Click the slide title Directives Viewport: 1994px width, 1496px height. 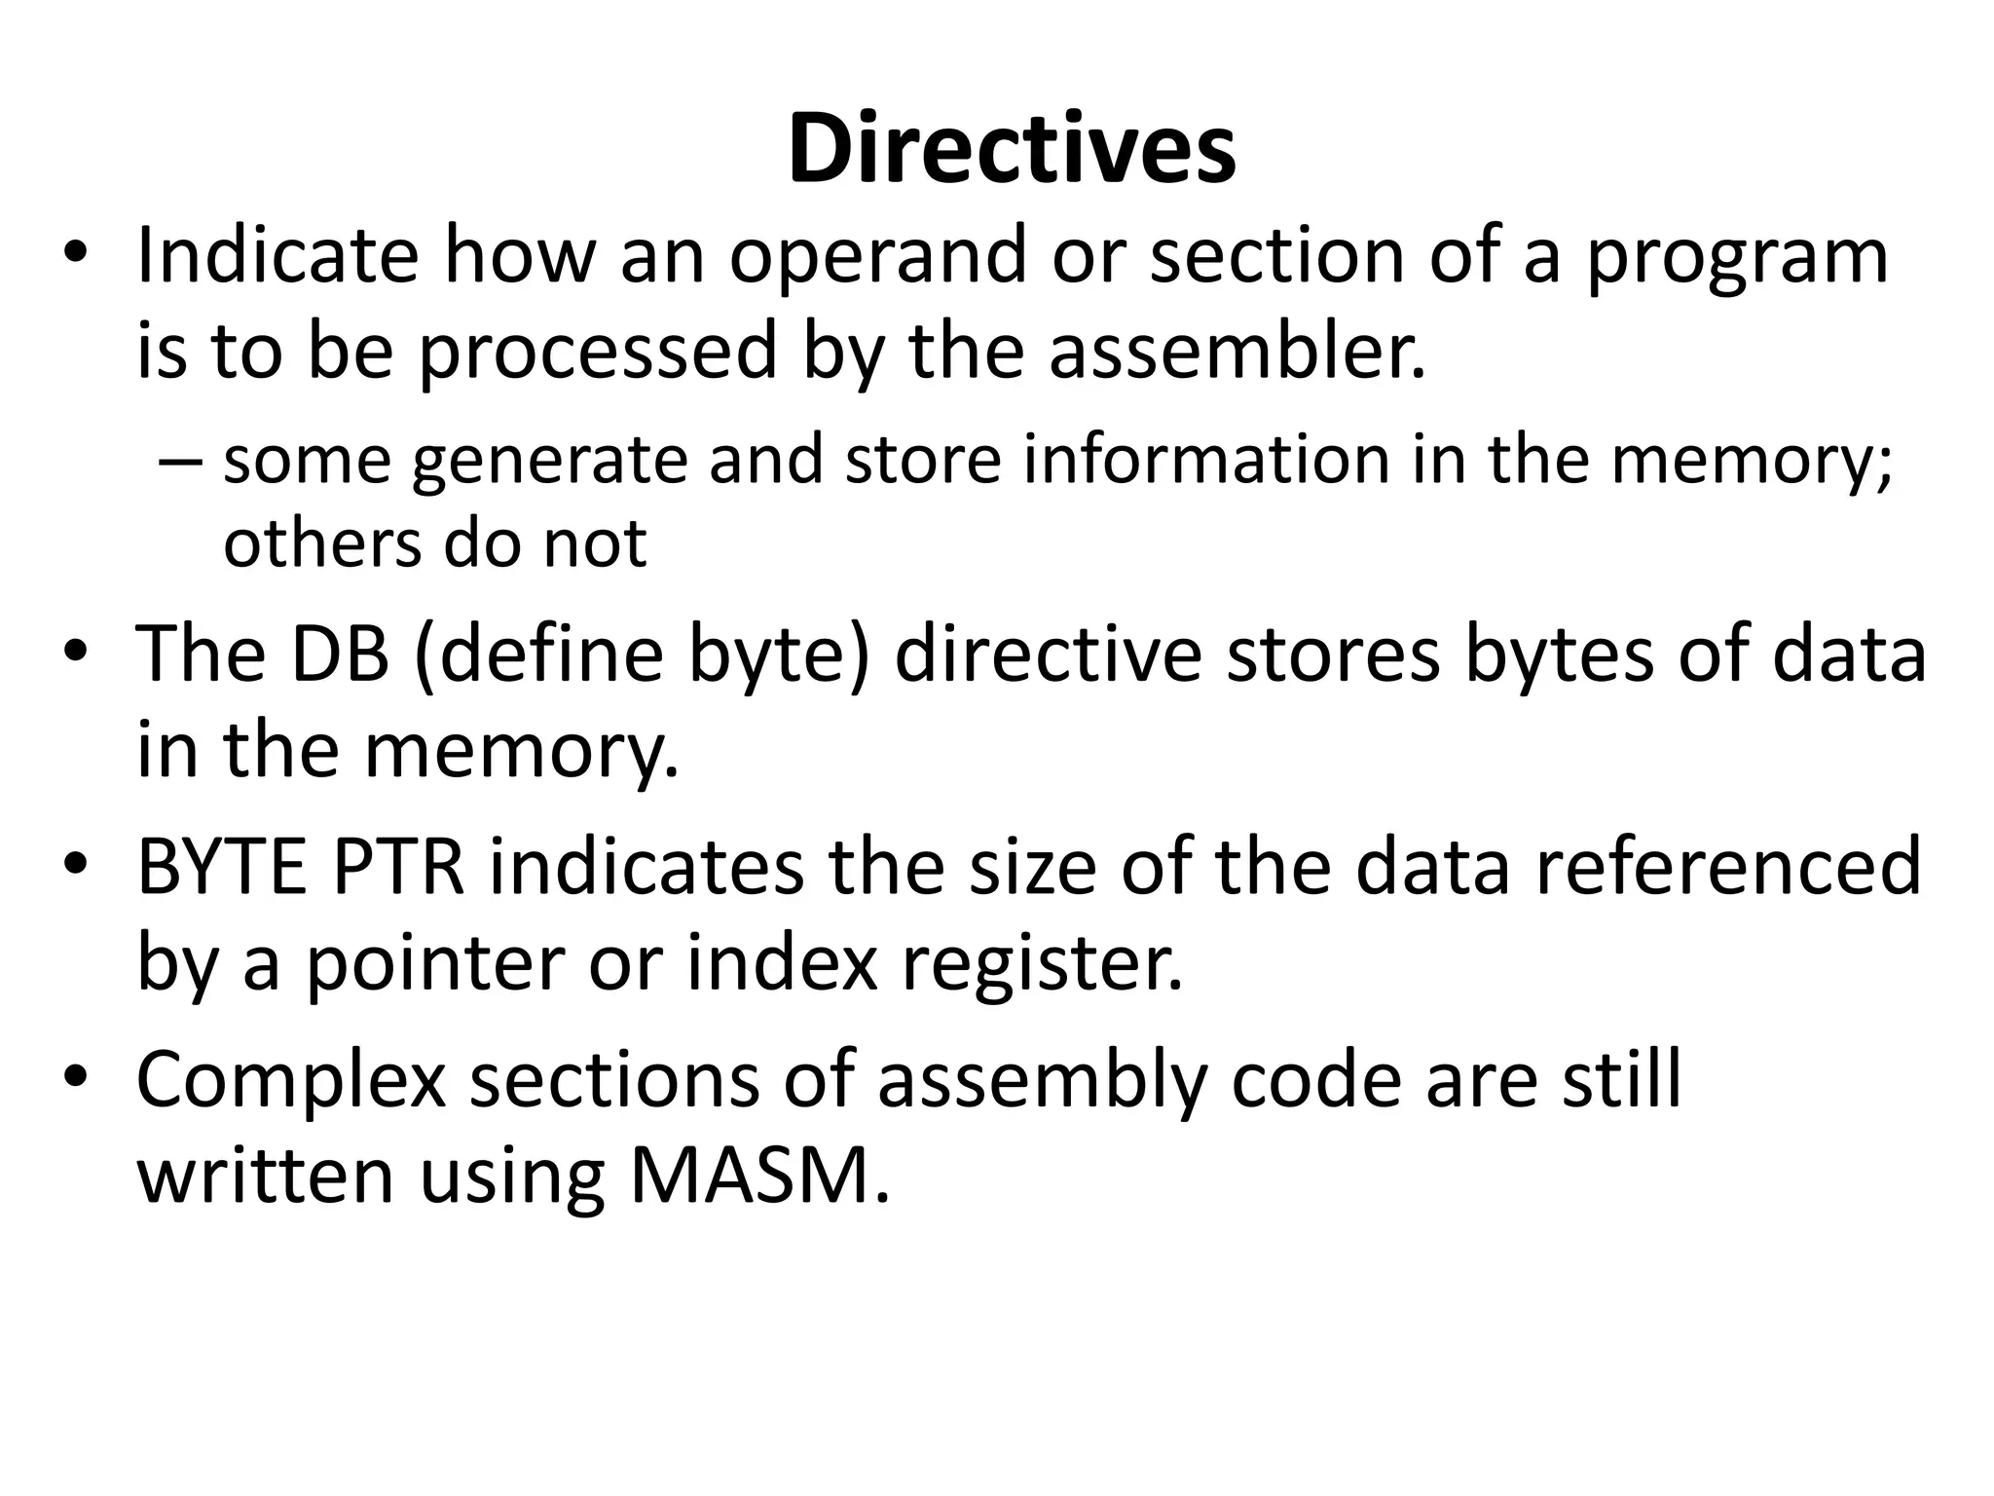[1012, 149]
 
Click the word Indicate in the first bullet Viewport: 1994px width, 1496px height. [277, 255]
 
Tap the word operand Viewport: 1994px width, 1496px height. [878, 255]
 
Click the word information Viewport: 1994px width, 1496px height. [1206, 460]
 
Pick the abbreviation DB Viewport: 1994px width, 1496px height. [340, 654]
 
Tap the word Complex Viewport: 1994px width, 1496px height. [291, 1081]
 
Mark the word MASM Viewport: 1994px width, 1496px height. [759, 1177]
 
